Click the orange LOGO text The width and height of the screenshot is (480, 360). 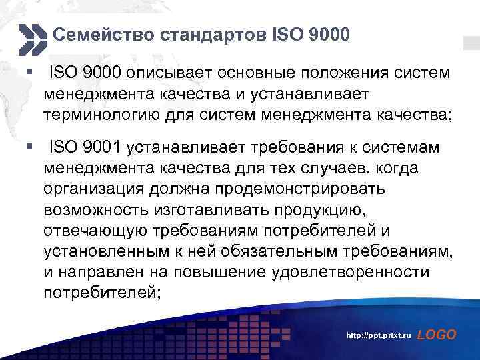436,335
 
